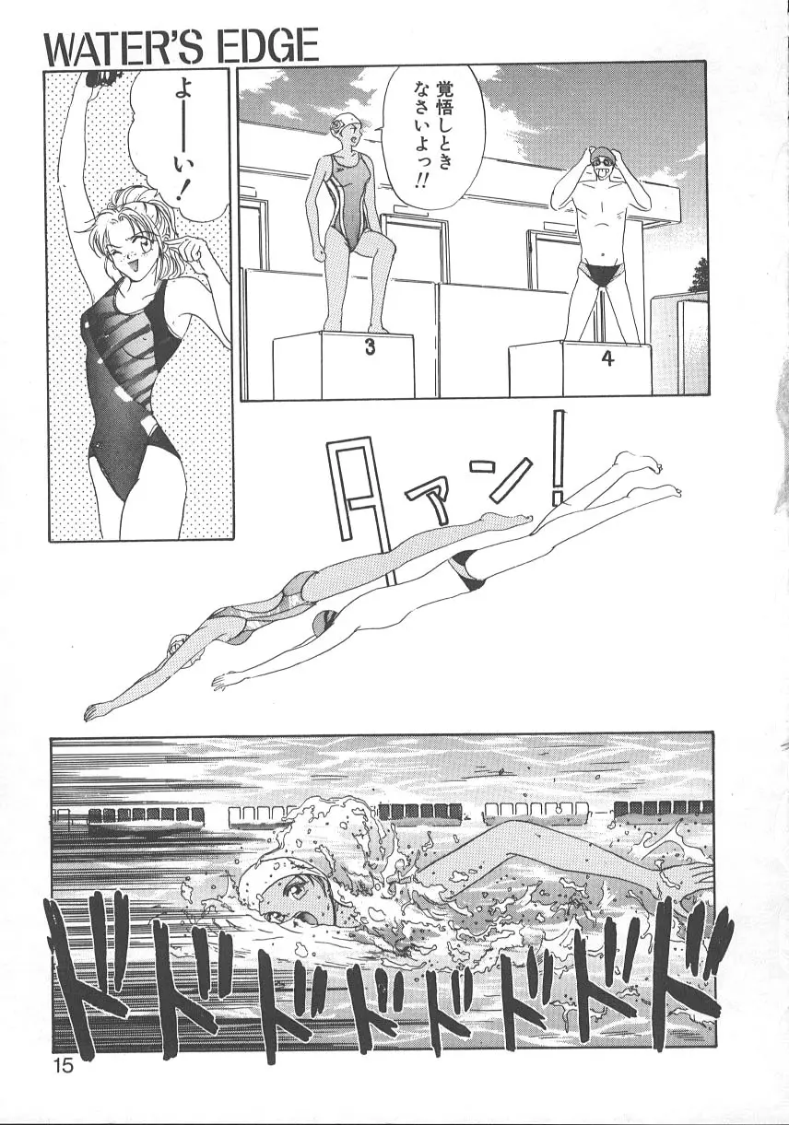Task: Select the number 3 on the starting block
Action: coord(370,346)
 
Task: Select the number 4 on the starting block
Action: coord(607,358)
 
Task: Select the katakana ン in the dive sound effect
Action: coord(509,480)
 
